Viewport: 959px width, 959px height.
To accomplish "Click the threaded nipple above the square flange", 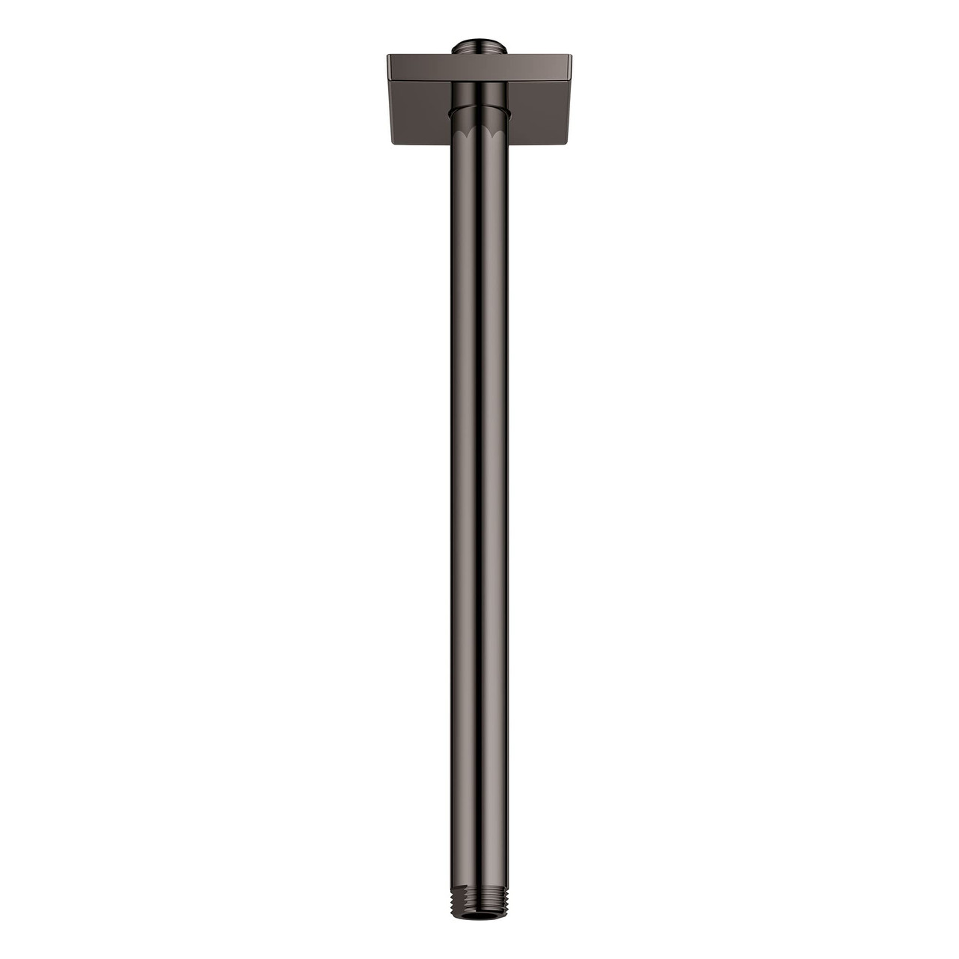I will [x=479, y=47].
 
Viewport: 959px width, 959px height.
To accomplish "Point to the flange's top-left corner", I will [x=388, y=55].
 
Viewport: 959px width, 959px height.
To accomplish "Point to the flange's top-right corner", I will [x=571, y=55].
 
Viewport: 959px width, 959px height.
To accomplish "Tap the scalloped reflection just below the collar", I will [x=479, y=133].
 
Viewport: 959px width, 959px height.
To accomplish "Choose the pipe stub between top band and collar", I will [x=479, y=94].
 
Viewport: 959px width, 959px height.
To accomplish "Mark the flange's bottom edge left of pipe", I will [x=420, y=144].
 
